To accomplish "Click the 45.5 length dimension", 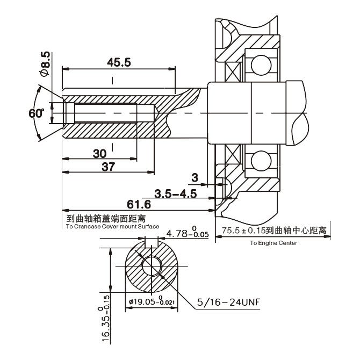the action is pyautogui.click(x=119, y=62).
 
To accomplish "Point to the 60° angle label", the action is pyautogui.click(x=37, y=113).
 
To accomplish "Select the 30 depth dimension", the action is pyautogui.click(x=99, y=154).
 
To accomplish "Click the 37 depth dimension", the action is pyautogui.click(x=108, y=167).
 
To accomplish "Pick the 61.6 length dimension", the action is pyautogui.click(x=139, y=204).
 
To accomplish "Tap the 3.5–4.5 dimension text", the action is pyautogui.click(x=176, y=193).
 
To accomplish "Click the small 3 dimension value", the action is pyautogui.click(x=195, y=178).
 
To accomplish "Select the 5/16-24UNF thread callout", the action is pyautogui.click(x=228, y=302).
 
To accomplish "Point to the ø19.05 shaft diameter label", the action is pyautogui.click(x=152, y=301).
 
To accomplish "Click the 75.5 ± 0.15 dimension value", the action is pyautogui.click(x=243, y=231).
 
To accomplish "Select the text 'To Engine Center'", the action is pyautogui.click(x=273, y=243).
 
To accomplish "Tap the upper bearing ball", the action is pyautogui.click(x=261, y=65).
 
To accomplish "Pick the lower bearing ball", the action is pyautogui.click(x=261, y=161).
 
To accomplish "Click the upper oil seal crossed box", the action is pyautogui.click(x=233, y=71).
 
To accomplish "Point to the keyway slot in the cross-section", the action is pyautogui.click(x=152, y=242).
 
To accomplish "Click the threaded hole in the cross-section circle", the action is pyautogui.click(x=152, y=266).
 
